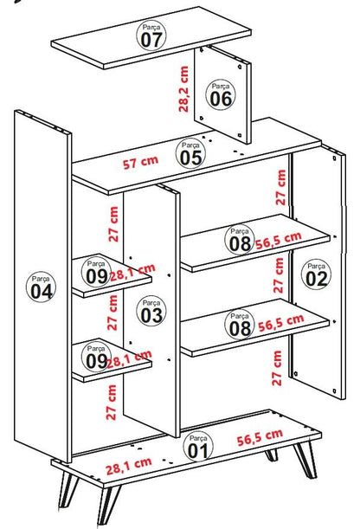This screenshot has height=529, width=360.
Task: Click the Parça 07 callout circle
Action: tap(151, 35)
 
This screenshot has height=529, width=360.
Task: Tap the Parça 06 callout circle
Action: tap(221, 95)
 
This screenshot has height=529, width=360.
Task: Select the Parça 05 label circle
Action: tap(190, 154)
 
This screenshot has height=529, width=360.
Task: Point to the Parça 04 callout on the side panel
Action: tap(41, 287)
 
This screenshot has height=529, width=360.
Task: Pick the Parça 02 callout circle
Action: tap(316, 274)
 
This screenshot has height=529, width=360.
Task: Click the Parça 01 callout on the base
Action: tap(198, 447)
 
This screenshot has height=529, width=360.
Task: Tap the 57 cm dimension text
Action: tap(140, 162)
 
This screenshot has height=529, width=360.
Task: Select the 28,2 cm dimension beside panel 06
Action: tap(183, 89)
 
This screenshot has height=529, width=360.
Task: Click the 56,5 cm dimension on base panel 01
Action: tap(260, 437)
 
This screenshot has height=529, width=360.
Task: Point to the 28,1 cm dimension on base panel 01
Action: tap(128, 466)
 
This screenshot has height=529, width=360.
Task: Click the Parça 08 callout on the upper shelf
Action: tap(240, 240)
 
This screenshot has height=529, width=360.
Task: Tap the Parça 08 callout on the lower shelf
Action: tap(240, 324)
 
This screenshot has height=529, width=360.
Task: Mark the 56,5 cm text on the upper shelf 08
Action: tap(278, 241)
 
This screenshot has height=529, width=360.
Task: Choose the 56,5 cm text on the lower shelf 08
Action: tap(280, 323)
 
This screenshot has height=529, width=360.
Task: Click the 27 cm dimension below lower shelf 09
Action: tap(112, 403)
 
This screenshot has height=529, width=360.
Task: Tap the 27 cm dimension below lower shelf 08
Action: tap(277, 368)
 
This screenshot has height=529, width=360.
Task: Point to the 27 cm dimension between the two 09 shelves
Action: tap(112, 313)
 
